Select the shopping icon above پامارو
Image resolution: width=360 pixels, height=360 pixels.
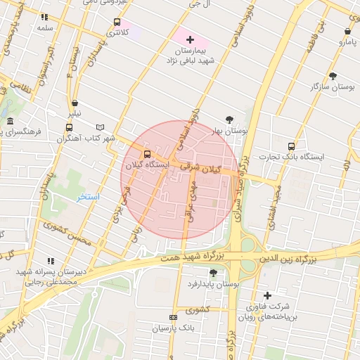[348, 31]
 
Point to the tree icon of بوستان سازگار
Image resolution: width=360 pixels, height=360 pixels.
[333, 75]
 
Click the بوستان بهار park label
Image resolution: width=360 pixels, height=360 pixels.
[229, 131]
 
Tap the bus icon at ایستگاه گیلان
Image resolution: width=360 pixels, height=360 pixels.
[147, 154]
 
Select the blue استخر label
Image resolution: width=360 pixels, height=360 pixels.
[89, 197]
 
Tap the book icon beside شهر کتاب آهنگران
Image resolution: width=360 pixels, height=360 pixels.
[101, 127]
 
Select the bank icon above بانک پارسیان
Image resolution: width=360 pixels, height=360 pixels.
[174, 318]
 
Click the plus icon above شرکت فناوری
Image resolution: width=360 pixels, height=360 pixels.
[266, 295]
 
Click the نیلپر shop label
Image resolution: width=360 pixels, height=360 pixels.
[74, 113]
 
